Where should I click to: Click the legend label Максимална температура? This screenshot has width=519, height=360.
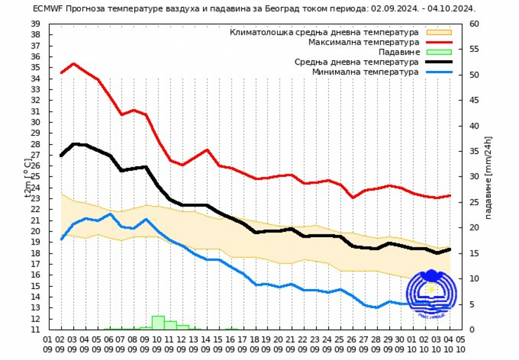(x=363, y=42)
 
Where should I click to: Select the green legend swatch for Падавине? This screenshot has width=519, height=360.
(x=439, y=52)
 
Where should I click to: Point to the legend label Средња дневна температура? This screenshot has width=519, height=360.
(x=356, y=62)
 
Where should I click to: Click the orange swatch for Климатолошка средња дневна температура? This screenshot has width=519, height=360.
(x=439, y=32)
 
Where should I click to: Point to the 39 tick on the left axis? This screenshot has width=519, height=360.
(x=35, y=24)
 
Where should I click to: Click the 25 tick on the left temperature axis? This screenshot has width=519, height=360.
(x=35, y=177)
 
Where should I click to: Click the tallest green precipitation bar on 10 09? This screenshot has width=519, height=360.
(x=158, y=322)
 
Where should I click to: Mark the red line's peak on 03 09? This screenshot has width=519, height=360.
(x=73, y=63)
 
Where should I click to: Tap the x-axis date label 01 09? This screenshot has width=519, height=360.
(x=49, y=344)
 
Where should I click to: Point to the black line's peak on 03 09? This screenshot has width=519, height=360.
(x=74, y=144)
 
